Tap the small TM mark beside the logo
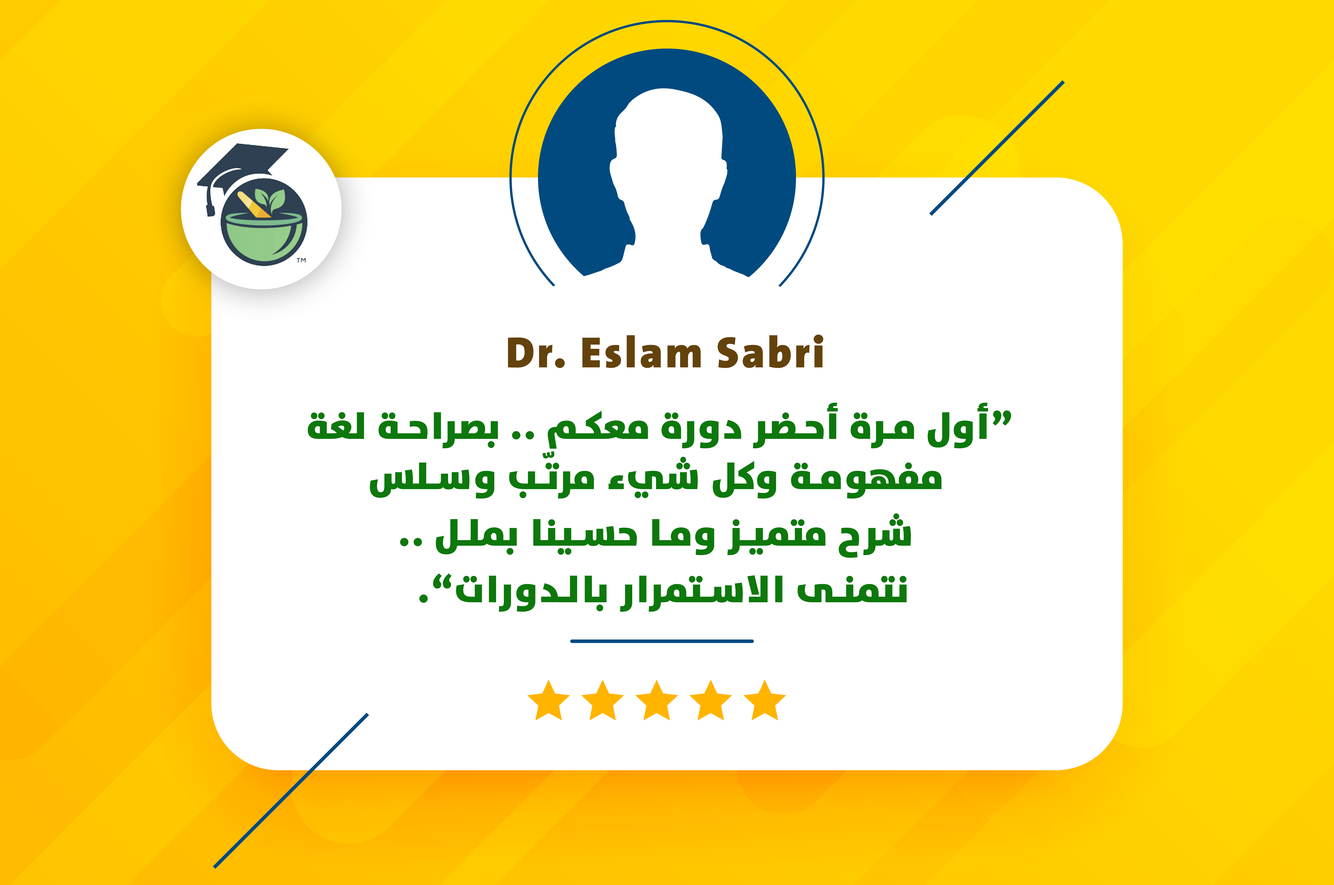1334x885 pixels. pyautogui.click(x=301, y=260)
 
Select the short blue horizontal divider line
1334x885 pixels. pyautogui.click(x=662, y=641)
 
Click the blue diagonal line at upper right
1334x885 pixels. pyautogui.click(x=997, y=148)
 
